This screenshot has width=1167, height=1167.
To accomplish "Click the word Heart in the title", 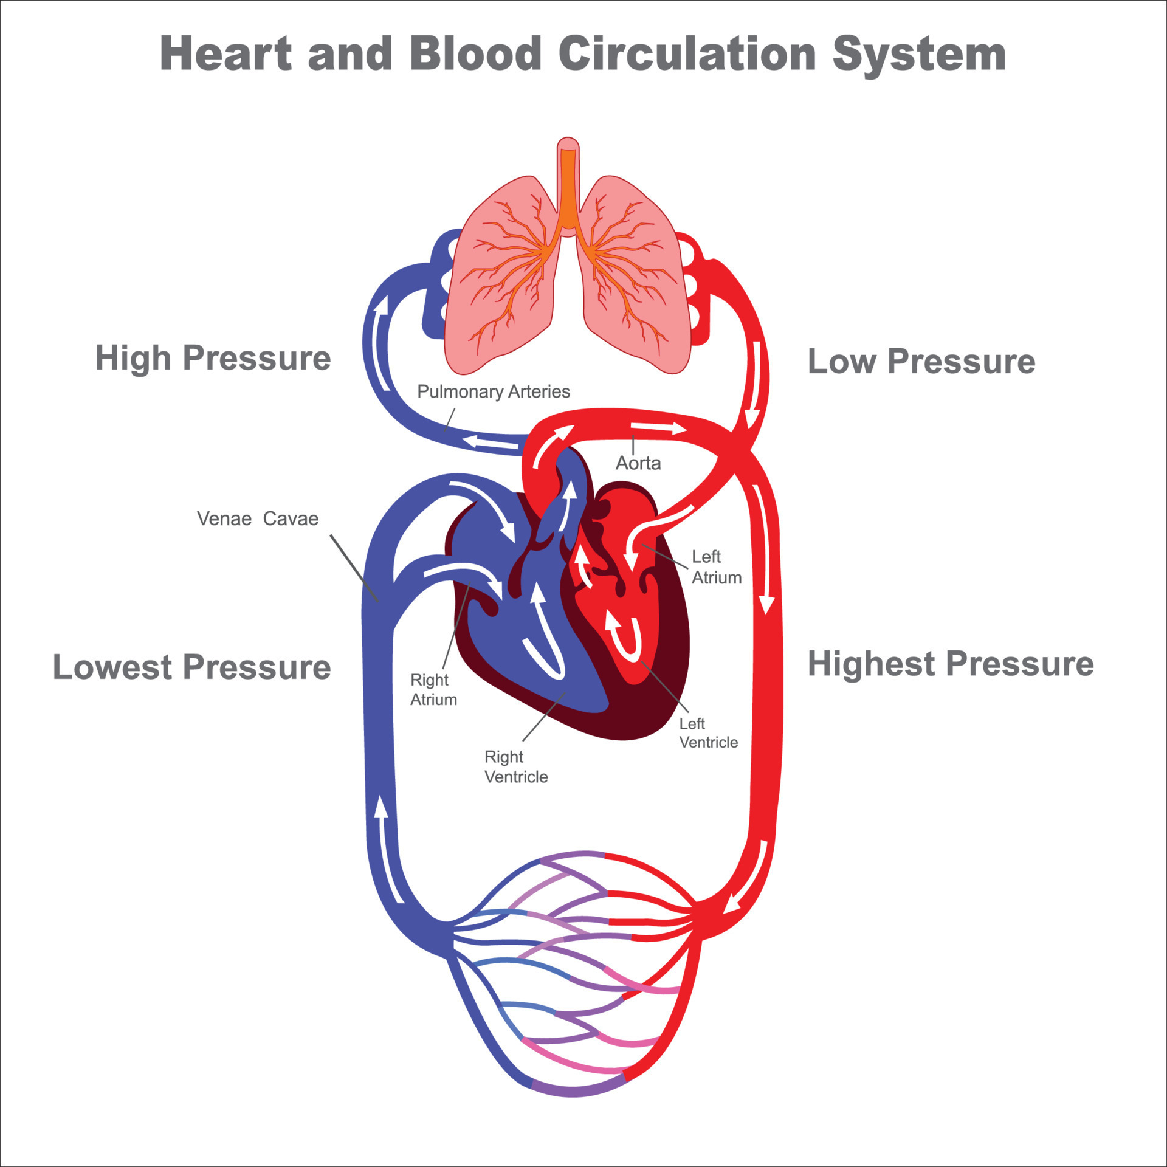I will (x=225, y=53).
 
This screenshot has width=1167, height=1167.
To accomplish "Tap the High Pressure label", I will (x=213, y=357).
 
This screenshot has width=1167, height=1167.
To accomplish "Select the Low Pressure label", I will (x=921, y=361).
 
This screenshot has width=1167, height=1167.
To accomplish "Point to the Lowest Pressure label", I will (x=191, y=667).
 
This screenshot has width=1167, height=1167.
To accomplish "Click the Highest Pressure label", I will (x=950, y=663).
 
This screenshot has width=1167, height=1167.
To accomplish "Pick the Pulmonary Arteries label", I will (x=493, y=391).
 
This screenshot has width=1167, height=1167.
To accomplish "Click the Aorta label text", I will (x=638, y=463).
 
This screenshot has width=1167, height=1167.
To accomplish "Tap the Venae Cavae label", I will (x=257, y=518).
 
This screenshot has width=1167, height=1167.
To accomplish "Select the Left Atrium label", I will (x=715, y=566).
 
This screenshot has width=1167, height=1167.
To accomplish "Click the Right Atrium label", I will (x=433, y=689).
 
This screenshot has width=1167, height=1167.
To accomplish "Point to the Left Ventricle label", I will (x=707, y=732).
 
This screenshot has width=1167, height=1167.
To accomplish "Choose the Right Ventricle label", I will (x=515, y=766).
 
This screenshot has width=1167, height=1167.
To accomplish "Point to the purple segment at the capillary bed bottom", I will (x=577, y=1088).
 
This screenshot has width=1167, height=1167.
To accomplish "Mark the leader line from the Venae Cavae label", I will (x=354, y=568).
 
